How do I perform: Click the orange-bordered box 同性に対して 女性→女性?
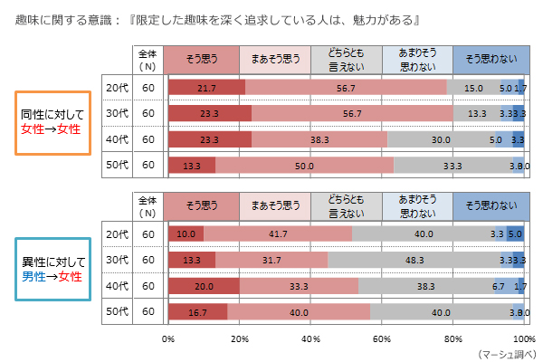coord(51,122)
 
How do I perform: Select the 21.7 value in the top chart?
coord(206,88)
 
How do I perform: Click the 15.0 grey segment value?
coord(472,88)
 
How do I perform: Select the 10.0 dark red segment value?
coord(186,233)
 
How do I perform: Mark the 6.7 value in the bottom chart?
coord(498,286)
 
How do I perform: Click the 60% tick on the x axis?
coord(382,338)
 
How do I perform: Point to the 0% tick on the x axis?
coord(168,338)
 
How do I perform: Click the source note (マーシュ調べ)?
coord(503,353)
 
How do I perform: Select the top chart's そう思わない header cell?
coord(489,60)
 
